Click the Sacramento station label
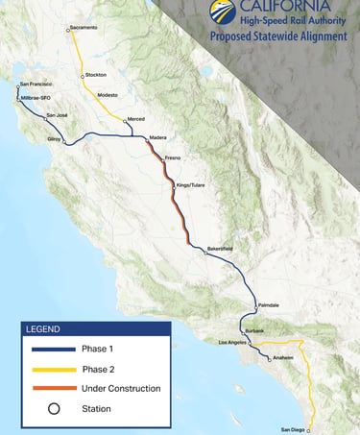(x=84, y=28)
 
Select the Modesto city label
(x=108, y=95)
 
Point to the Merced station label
(x=136, y=119)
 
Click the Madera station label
(x=158, y=137)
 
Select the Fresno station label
(x=173, y=156)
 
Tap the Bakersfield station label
(x=221, y=249)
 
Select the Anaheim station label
(x=282, y=357)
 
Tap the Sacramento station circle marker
(x=68, y=30)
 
